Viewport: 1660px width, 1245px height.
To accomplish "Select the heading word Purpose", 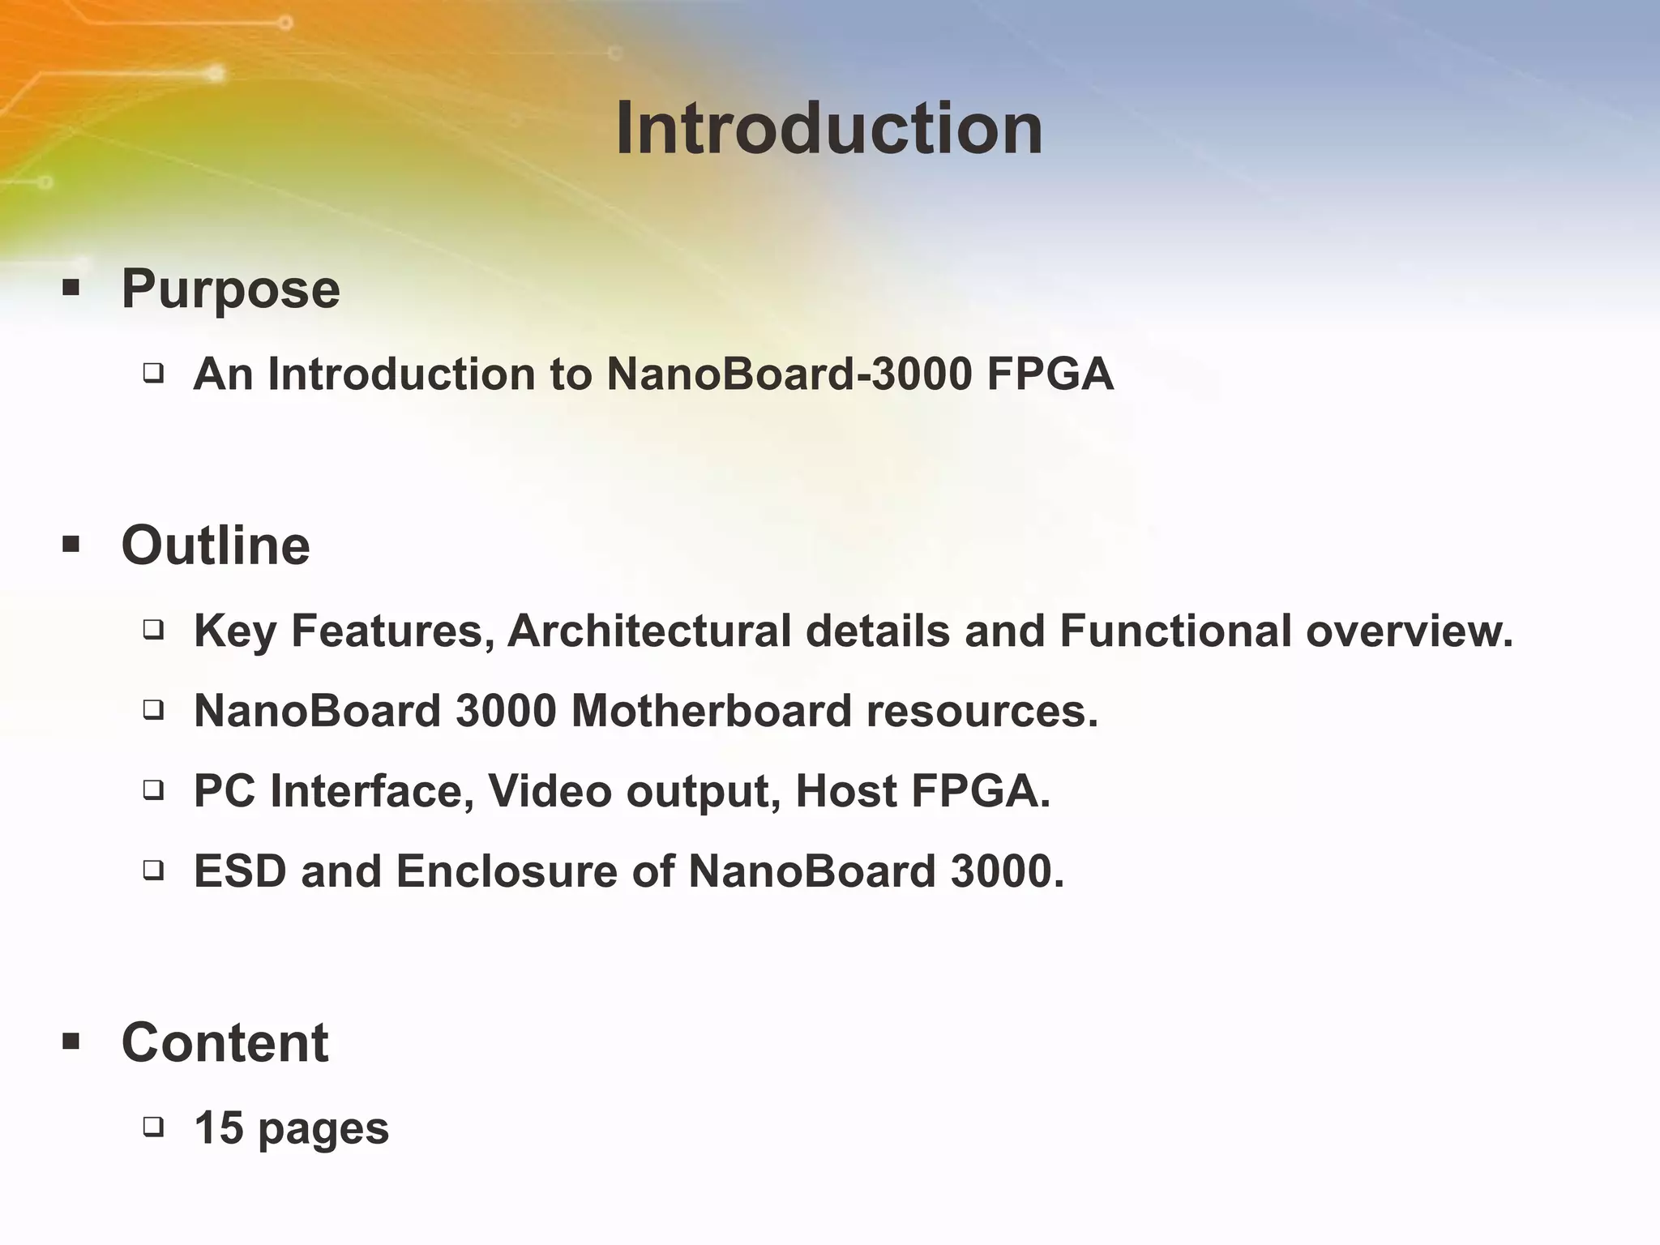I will click(x=230, y=289).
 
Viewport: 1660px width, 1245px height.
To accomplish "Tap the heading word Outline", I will click(x=216, y=545).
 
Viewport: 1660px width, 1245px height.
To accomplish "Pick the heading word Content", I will click(x=225, y=1042).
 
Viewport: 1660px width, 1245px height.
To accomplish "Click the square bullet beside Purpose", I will click(x=71, y=288).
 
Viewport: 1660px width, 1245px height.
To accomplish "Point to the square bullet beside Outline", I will click(x=71, y=544).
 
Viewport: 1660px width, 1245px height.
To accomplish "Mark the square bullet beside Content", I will click(x=71, y=1042).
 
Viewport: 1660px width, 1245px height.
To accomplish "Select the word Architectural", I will click(x=648, y=631).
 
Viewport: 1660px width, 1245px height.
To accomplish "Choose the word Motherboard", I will click(x=711, y=711).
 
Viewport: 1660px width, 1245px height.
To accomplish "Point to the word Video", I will click(x=550, y=791).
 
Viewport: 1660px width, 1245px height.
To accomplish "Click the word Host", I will click(x=845, y=791).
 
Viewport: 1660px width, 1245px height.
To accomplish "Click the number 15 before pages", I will click(x=219, y=1127).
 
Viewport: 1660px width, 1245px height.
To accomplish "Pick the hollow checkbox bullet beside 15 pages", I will click(x=153, y=1126).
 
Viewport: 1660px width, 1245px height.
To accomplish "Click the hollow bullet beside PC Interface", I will click(x=153, y=789).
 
